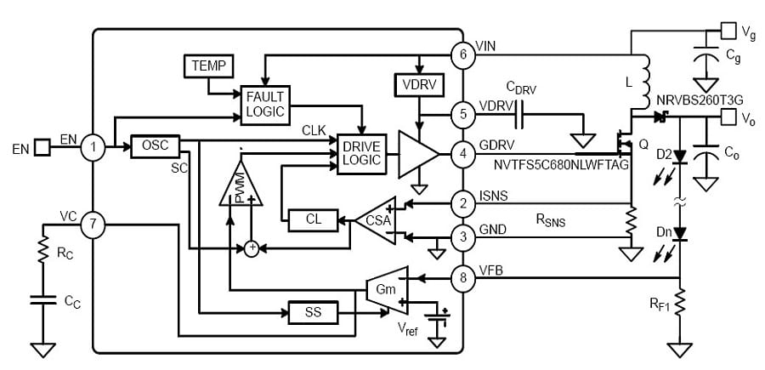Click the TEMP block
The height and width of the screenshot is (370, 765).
207,65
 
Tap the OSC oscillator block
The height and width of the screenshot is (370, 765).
155,146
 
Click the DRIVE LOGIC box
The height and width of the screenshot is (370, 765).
362,153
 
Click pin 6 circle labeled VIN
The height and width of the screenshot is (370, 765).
463,54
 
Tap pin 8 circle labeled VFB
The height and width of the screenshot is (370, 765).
463,276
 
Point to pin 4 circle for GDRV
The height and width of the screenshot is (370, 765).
463,154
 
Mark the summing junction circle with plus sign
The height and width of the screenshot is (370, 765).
252,248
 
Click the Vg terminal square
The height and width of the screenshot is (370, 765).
728,31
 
